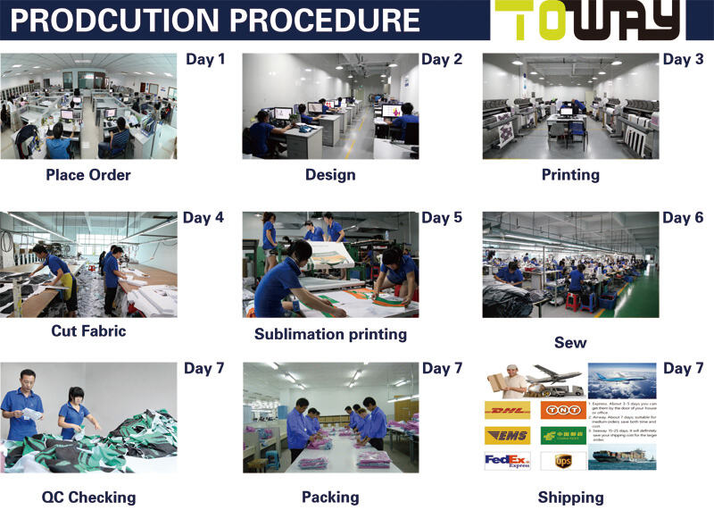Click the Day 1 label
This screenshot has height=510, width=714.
[x=205, y=60]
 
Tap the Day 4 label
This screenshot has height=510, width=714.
[x=203, y=217]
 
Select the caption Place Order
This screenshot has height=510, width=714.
[x=88, y=174]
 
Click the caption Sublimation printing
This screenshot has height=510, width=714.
[x=330, y=334]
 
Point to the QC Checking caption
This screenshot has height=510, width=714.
[x=88, y=497]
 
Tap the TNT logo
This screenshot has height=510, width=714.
[x=563, y=410]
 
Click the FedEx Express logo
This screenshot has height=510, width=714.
[x=506, y=461]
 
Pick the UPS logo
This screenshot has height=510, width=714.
[x=563, y=461]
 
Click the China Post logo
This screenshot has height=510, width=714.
[x=563, y=435]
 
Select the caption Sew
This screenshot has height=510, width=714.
[x=570, y=342]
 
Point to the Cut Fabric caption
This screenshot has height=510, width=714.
[x=88, y=330]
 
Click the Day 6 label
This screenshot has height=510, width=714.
[x=683, y=218]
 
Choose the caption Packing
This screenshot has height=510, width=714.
[x=330, y=497]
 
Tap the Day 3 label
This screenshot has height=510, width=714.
[x=683, y=60]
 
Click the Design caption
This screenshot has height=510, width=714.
[x=330, y=174]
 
